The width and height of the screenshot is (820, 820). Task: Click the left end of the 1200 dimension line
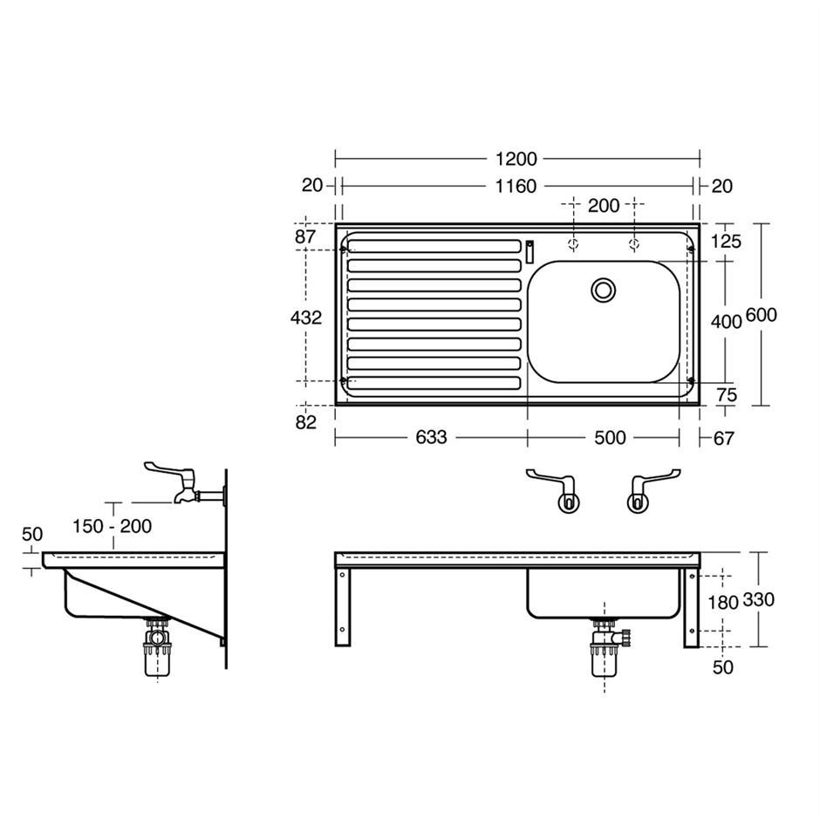[x=335, y=157]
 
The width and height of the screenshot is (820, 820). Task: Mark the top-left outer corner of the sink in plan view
[x=335, y=224]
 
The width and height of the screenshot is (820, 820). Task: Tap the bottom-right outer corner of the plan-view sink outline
[x=700, y=406]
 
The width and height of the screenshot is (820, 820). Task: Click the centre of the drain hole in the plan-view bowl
[x=604, y=290]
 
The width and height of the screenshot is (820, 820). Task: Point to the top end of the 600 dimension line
[x=762, y=224]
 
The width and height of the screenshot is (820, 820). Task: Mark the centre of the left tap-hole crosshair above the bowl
[x=574, y=243]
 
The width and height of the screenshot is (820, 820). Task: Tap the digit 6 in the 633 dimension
[x=421, y=437]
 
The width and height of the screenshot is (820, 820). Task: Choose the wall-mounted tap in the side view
[x=185, y=484]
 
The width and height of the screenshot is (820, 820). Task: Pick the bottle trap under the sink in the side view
[x=157, y=647]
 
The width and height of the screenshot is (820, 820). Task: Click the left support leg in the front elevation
[x=343, y=606]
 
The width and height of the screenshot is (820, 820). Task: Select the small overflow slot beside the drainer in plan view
[x=530, y=251]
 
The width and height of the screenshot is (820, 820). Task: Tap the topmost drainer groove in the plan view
[x=434, y=246]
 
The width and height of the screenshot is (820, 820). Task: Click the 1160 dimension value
[x=516, y=186]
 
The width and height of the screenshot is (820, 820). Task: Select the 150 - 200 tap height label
[x=112, y=525]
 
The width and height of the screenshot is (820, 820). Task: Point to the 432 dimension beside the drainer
[x=306, y=318]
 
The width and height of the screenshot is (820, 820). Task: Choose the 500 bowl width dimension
[x=610, y=437]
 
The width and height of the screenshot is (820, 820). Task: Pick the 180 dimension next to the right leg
[x=722, y=603]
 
